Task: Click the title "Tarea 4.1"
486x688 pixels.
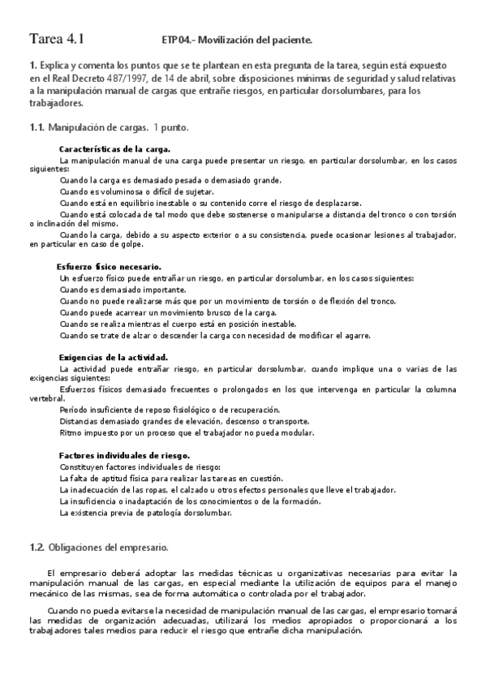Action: [57, 38]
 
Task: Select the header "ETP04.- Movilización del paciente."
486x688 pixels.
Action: [236, 39]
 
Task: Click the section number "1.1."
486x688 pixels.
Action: [37, 127]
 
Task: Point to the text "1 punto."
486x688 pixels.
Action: [172, 127]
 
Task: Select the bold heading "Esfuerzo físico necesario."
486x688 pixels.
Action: [109, 267]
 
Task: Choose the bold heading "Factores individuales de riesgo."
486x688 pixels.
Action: [124, 456]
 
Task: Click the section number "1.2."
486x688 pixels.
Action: [37, 548]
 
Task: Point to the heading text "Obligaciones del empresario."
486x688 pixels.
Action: [109, 548]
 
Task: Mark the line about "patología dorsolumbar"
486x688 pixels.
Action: [146, 513]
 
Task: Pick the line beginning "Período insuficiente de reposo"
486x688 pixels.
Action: [170, 411]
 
